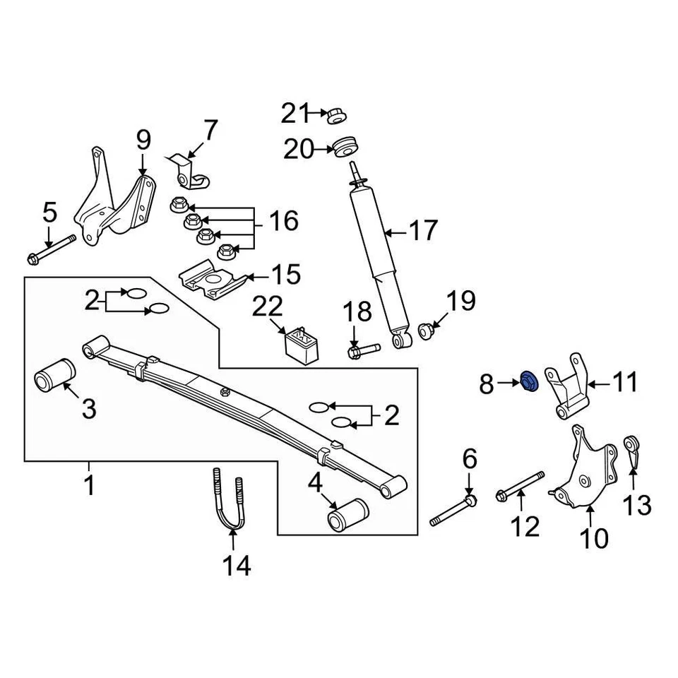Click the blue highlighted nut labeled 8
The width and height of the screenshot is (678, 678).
pos(529,382)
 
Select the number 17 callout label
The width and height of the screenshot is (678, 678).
pos(423,230)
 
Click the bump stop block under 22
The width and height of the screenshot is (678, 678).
pos(301,343)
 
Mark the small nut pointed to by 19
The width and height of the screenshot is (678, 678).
pos(426,330)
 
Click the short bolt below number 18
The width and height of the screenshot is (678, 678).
pos(362,349)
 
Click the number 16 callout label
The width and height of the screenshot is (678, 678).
pos(282,220)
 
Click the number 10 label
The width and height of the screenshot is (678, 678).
pos(593,538)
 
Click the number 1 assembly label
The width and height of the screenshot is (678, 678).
pos(90,486)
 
